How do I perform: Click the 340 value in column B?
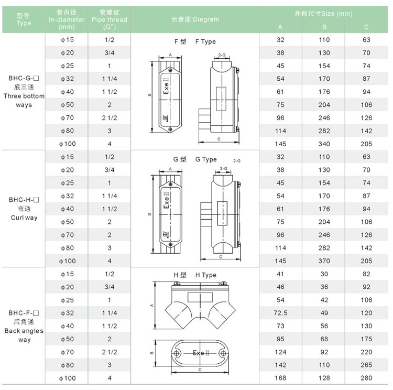tap(324, 144)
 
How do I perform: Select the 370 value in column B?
tap(324, 261)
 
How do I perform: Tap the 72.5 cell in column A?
tap(280, 313)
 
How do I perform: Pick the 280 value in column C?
tap(366, 378)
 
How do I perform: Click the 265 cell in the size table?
tap(366, 365)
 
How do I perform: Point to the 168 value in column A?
tap(280, 378)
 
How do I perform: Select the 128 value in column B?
tap(324, 378)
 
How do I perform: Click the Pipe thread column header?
tap(110, 19)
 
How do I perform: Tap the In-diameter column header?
tap(67, 19)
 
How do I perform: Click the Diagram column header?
tap(195, 19)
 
